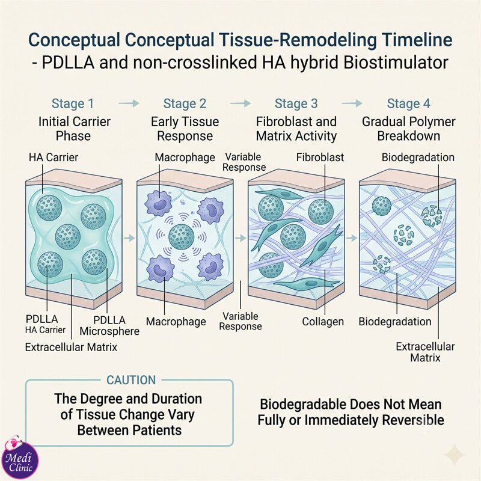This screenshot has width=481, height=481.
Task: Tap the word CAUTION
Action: tap(131, 380)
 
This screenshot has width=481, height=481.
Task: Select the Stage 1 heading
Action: tap(73, 103)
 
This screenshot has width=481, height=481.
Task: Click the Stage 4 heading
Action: tap(409, 103)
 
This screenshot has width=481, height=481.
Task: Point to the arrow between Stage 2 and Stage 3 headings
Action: tap(240, 103)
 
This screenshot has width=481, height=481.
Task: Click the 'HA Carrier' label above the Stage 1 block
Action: tap(54, 158)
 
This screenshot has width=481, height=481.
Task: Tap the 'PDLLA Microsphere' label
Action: tap(109, 325)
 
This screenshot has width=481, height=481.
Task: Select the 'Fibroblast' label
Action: tap(320, 158)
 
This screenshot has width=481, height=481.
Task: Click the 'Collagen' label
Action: tap(323, 322)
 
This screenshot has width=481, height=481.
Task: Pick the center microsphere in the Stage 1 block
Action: tap(68, 236)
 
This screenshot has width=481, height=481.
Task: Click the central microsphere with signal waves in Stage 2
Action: tap(182, 236)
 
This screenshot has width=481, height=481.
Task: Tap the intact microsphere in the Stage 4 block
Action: tap(382, 206)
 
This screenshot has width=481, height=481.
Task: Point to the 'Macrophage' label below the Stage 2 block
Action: tap(176, 322)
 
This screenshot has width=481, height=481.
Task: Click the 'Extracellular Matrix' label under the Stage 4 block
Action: tap(425, 352)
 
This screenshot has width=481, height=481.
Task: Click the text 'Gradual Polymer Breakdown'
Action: tap(409, 129)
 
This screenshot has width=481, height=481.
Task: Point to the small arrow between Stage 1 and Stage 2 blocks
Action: tap(129, 237)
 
